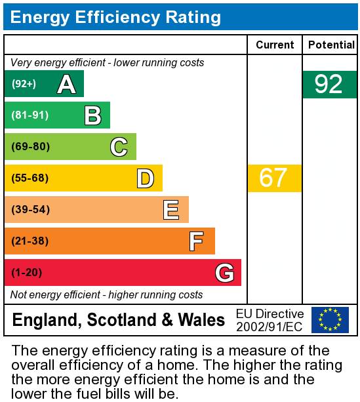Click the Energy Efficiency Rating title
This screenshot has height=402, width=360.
tap(115, 17)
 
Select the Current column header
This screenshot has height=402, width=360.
tap(275, 45)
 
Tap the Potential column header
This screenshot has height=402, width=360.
tap(331, 45)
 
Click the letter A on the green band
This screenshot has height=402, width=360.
tap(66, 84)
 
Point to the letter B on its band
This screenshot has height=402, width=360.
tap(92, 115)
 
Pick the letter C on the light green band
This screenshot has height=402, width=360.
tap(119, 147)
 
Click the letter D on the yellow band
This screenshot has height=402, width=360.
tap(145, 178)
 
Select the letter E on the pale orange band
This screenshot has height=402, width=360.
tap(171, 210)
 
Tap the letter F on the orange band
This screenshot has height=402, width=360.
tap(196, 241)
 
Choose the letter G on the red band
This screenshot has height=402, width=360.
tap(224, 273)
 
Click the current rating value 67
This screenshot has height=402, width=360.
tap(273, 178)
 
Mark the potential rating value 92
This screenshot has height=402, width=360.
tap(329, 85)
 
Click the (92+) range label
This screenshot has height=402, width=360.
tap(24, 84)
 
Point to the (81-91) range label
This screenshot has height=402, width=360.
tap(30, 115)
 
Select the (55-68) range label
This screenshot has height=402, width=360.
tap(30, 178)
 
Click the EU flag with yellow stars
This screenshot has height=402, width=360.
tap(330, 320)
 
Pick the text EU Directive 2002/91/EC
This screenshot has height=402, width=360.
tap(270, 320)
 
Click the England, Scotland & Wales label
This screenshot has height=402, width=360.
tap(119, 321)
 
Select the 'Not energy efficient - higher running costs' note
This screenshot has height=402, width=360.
tap(107, 295)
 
